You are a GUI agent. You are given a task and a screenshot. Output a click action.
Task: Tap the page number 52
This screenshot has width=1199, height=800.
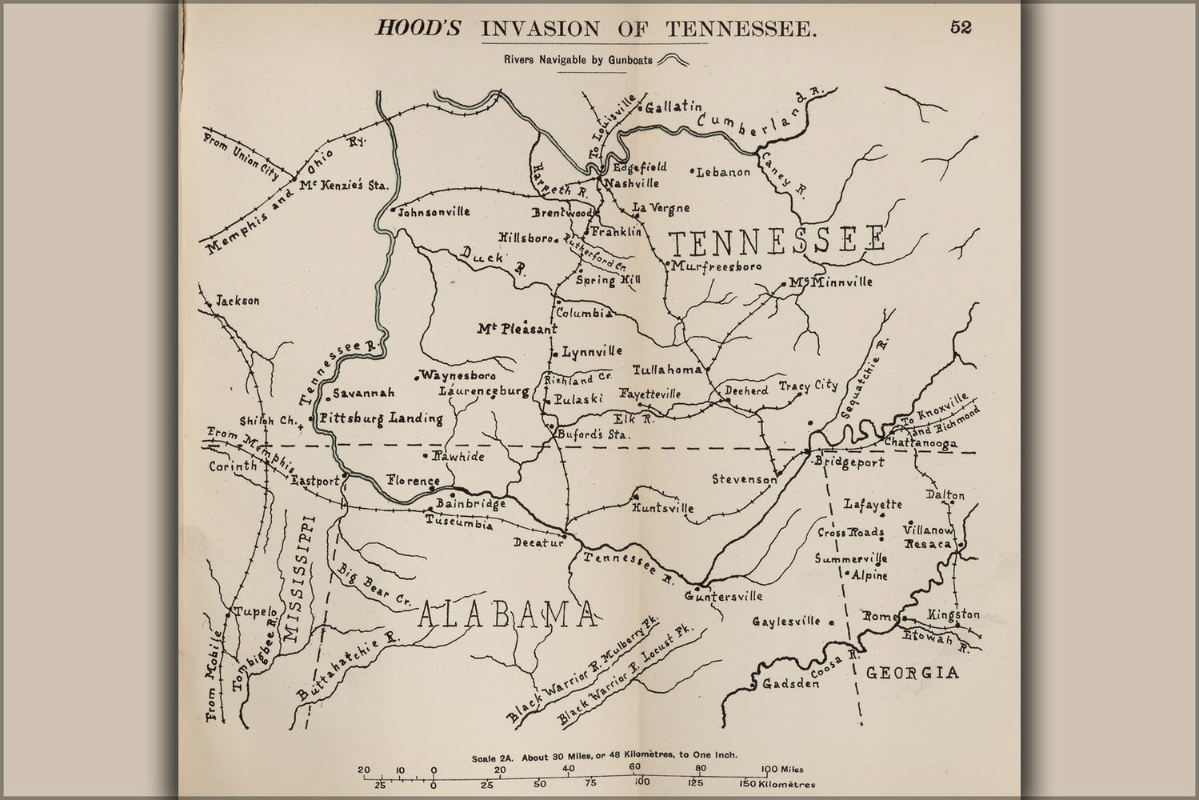coord(961,27)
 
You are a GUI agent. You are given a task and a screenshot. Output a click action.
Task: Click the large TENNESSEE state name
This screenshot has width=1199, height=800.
coord(777,239)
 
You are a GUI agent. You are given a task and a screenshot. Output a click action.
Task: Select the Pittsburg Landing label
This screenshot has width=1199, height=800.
coord(381,418)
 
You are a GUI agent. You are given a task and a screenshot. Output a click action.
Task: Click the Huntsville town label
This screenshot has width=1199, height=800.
coord(662,508)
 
